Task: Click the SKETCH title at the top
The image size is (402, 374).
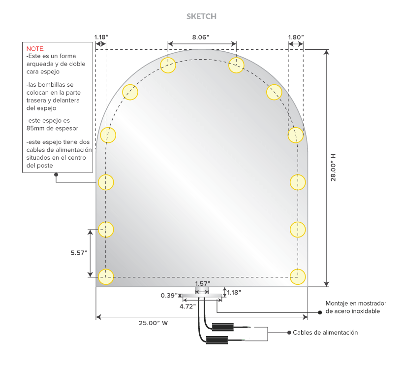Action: (x=201, y=16)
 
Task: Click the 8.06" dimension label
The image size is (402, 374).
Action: (x=201, y=37)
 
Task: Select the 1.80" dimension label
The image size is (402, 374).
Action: (x=296, y=37)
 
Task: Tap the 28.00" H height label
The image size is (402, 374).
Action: (x=333, y=168)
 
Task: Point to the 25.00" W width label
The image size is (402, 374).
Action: (x=154, y=323)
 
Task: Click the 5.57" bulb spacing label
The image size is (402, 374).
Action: (x=79, y=253)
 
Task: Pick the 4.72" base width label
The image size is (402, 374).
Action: (x=187, y=306)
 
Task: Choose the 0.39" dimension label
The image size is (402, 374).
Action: (x=169, y=296)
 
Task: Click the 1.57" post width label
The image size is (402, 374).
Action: (x=203, y=284)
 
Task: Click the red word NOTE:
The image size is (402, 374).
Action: (x=35, y=48)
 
